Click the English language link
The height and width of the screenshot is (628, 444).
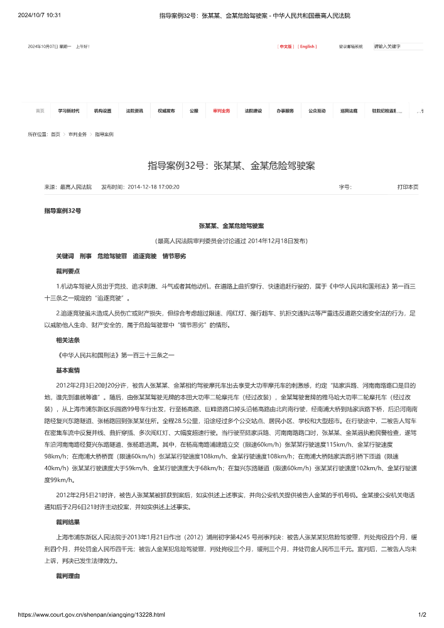tap(307, 47)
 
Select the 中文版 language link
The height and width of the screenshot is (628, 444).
tap(286, 47)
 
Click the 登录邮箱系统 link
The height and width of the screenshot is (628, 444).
tap(351, 47)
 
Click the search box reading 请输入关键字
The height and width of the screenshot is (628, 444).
tap(398, 47)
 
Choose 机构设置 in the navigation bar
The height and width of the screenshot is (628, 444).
tap(102, 111)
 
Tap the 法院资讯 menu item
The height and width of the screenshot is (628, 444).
tap(134, 111)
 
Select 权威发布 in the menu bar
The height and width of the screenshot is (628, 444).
tap(166, 111)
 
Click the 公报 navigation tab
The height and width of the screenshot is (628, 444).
tap(194, 111)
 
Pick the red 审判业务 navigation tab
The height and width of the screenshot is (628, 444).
tap(222, 111)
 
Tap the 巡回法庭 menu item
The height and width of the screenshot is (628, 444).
tap(349, 111)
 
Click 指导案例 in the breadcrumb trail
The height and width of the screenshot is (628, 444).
tap(104, 135)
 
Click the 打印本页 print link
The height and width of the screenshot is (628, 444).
tap(408, 187)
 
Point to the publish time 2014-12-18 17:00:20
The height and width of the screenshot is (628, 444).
tap(153, 187)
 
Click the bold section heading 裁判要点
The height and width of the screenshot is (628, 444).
tap(68, 271)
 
